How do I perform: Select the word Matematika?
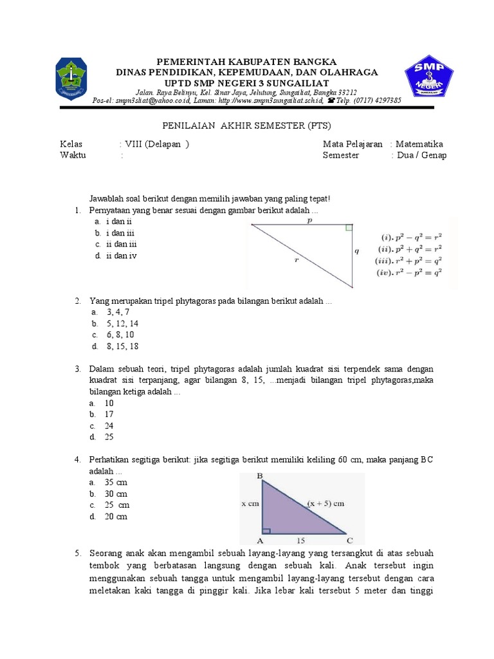point(419,144)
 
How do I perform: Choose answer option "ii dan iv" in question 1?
point(122,255)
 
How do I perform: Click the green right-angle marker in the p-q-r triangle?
point(349,227)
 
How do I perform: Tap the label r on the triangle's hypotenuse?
point(296,260)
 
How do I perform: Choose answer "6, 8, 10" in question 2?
point(121,335)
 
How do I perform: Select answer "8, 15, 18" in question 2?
point(122,346)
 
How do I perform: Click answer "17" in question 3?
point(109,414)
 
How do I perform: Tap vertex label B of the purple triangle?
point(259,477)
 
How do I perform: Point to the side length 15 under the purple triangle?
point(300,541)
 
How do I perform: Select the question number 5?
point(77,553)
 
